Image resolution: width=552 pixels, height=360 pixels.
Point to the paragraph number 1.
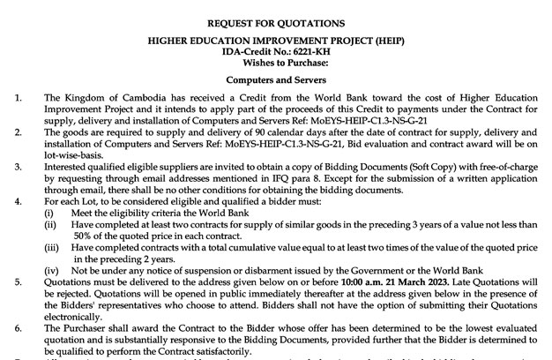pyautogui.click(x=19, y=96)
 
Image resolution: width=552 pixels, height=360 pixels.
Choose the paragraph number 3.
pyautogui.click(x=19, y=163)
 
